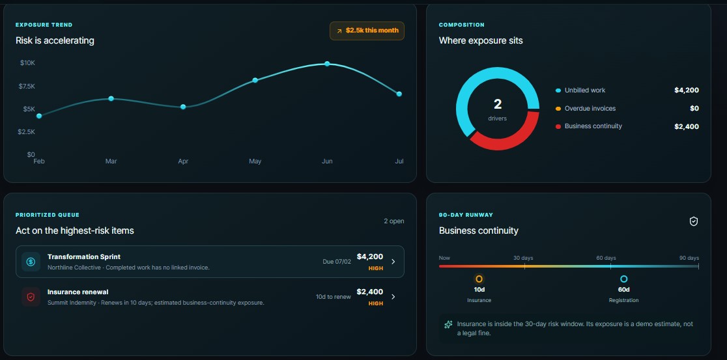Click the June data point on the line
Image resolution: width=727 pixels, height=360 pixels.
pos(327,64)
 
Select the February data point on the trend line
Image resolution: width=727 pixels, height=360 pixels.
pos(39,116)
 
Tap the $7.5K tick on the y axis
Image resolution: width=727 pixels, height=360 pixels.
pos(27,86)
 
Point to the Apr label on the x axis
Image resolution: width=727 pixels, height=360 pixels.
pos(183,161)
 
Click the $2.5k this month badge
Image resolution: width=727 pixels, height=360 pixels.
pos(367,31)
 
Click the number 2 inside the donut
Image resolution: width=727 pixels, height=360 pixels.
pos(498,104)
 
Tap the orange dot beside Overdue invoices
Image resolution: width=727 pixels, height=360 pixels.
pos(558,109)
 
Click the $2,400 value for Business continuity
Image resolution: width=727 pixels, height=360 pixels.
pos(686,126)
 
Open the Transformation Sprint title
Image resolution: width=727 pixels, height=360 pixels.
pos(84,256)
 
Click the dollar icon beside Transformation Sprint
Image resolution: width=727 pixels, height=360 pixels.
pos(31,262)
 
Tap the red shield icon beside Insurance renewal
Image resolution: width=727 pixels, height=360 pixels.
pos(31,297)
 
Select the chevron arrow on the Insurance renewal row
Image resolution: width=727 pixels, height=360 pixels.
pos(393,297)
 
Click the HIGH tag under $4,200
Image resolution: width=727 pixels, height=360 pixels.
pos(376,268)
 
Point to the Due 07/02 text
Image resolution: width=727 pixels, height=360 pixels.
pos(337,262)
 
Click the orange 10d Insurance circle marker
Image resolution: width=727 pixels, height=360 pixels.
pos(479,279)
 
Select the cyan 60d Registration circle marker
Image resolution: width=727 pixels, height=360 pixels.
pos(623,279)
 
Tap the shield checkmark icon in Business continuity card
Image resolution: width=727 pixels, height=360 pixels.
pos(694,221)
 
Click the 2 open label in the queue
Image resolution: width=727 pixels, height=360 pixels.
pos(393,221)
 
